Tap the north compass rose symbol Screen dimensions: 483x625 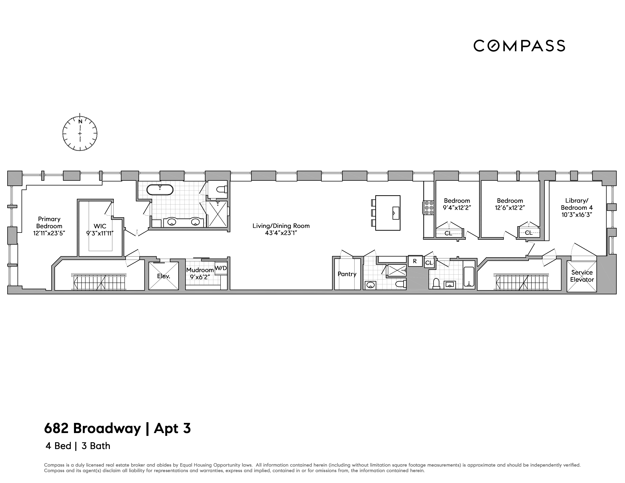(x=80, y=133)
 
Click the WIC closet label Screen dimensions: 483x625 (x=100, y=226)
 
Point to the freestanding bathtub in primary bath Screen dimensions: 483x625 (x=160, y=190)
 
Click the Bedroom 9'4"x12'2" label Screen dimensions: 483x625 (x=457, y=204)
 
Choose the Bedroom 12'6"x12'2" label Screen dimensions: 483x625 (x=510, y=204)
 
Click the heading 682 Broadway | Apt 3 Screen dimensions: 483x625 (x=117, y=428)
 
